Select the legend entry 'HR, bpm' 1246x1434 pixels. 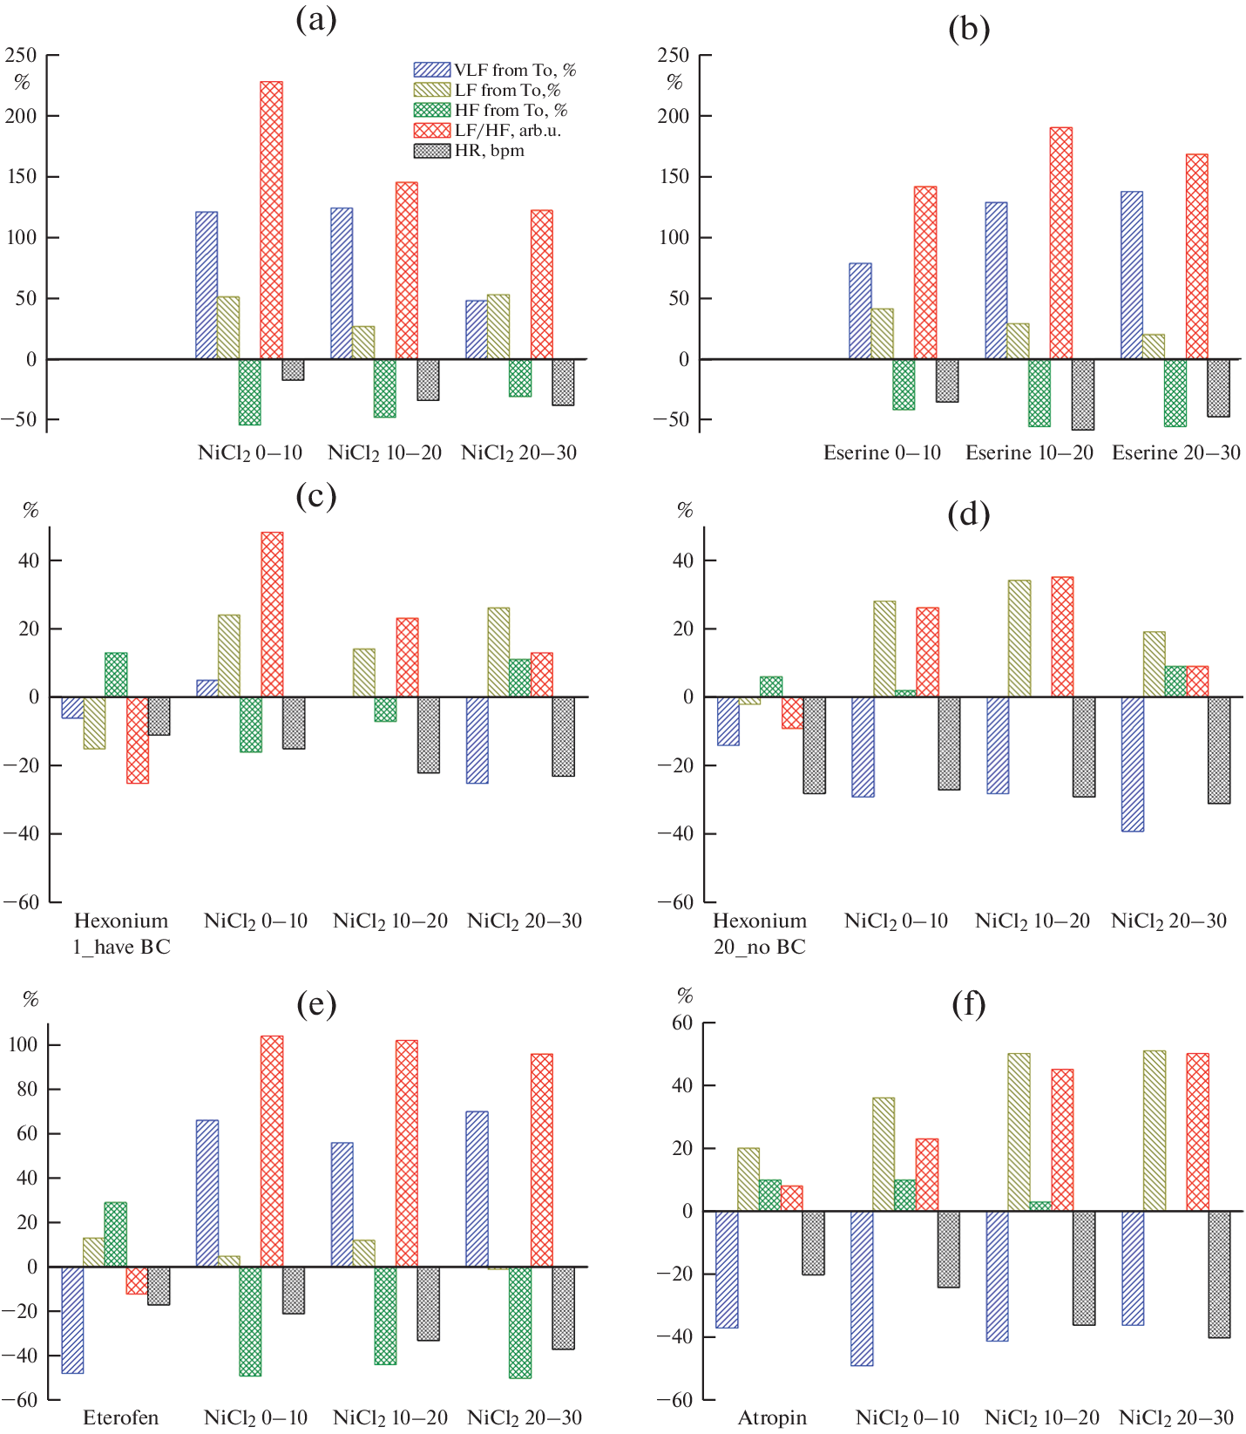tap(489, 151)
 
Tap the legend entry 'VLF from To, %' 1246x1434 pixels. tap(514, 71)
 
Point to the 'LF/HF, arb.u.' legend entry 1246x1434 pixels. tap(507, 131)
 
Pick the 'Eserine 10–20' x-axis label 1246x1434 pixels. tap(1028, 453)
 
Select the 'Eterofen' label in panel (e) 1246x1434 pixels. tap(120, 1417)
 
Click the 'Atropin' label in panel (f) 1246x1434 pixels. tap(772, 1417)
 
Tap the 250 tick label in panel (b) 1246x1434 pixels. tap(673, 56)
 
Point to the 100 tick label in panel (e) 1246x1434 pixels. tap(24, 1045)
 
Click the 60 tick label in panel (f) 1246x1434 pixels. tap(681, 1023)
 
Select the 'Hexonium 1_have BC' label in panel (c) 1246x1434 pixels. tap(121, 934)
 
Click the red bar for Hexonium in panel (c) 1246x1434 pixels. tap(138, 740)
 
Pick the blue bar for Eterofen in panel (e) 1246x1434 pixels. tap(72, 1320)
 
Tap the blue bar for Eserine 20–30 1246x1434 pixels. tap(1131, 275)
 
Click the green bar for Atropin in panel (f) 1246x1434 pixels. tap(770, 1195)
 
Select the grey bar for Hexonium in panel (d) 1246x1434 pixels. tap(814, 745)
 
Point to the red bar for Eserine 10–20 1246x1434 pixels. tap(1060, 243)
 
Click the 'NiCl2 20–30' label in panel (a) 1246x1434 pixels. tap(518, 453)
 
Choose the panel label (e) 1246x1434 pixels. tap(315, 1005)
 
